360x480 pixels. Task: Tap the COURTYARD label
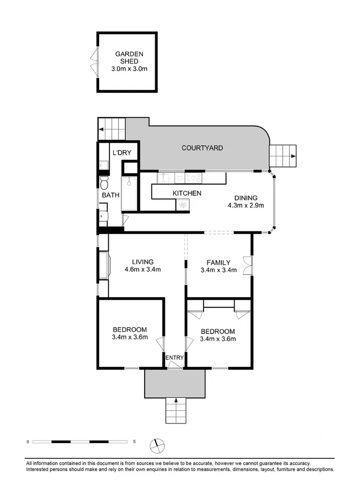202,148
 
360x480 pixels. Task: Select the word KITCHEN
187,193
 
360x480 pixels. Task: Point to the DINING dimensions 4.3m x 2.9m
246,205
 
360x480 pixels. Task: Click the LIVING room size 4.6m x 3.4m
143,269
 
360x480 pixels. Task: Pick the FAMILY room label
219,262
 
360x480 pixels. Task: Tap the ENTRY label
174,358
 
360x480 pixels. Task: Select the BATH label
111,196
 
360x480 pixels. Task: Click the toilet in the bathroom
105,184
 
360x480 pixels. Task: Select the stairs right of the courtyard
283,156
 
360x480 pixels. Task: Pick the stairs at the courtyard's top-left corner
111,129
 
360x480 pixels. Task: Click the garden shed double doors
95,62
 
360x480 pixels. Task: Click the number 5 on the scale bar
134,442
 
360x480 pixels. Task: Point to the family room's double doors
246,265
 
